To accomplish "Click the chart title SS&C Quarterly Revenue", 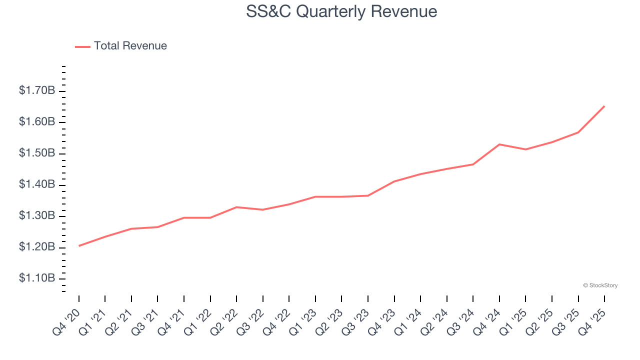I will click(x=341, y=12).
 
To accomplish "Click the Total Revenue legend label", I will click(x=130, y=46).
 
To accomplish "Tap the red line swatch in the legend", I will click(x=82, y=46).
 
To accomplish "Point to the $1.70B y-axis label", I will click(x=37, y=90).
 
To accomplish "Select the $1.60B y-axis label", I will click(x=37, y=122).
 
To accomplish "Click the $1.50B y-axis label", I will click(x=37, y=153).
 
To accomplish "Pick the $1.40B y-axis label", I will click(x=37, y=184).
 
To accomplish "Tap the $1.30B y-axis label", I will click(x=37, y=216).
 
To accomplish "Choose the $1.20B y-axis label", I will click(x=37, y=247).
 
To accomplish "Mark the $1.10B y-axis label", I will click(x=37, y=278).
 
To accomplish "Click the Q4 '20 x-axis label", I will click(x=67, y=321).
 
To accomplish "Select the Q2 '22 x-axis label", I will click(x=224, y=321).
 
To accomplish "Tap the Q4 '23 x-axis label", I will click(x=382, y=321).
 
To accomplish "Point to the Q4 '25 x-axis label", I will click(x=592, y=321).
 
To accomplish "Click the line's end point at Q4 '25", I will click(x=604, y=106).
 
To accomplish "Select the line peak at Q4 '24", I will click(x=499, y=144).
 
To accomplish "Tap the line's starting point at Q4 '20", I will click(x=79, y=246).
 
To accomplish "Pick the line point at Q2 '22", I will click(x=236, y=207).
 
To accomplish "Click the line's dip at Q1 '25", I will click(x=525, y=149).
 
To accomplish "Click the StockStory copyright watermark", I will click(x=600, y=285).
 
